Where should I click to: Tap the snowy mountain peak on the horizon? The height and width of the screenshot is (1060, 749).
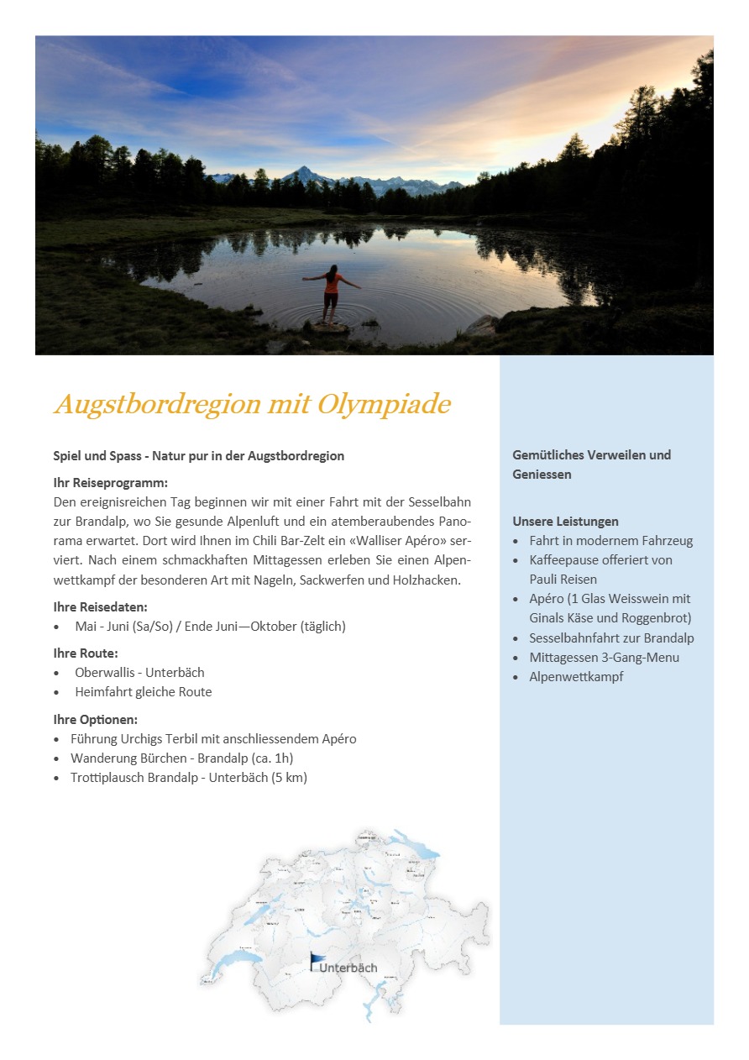[301, 175]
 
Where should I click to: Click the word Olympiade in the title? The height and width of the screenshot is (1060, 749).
[384, 405]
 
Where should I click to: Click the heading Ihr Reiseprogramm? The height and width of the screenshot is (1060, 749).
[111, 483]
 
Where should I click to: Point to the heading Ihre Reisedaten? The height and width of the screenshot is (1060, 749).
[101, 606]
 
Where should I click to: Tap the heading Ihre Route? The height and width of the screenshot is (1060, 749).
[86, 653]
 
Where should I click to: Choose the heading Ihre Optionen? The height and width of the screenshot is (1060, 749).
[96, 720]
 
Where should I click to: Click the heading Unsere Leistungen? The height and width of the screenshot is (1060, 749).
[565, 522]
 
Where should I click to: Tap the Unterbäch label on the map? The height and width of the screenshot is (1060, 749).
[348, 968]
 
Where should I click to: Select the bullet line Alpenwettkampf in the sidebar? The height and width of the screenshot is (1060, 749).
[576, 677]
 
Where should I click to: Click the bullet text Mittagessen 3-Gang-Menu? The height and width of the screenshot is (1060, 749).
[604, 658]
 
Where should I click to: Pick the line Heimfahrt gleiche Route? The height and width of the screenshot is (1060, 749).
[143, 692]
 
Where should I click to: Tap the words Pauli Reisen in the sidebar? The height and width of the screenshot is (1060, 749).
[563, 580]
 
